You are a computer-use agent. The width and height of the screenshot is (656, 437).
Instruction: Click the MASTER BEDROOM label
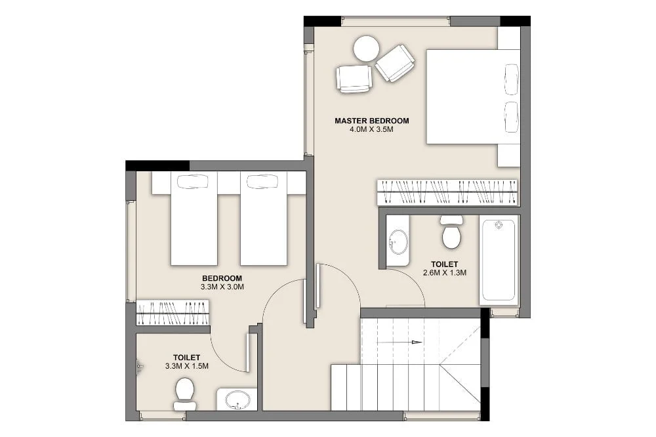[371, 121]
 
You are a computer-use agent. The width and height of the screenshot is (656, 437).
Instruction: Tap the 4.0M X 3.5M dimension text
[371, 129]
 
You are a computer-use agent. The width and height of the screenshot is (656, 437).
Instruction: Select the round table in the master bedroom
[367, 49]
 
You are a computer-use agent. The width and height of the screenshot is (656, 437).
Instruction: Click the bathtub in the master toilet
[499, 260]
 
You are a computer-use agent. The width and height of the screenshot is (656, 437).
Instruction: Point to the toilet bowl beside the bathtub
[451, 232]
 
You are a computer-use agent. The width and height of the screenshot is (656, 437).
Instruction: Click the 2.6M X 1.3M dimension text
[445, 273]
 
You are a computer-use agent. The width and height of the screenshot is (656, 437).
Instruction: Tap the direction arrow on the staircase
[400, 343]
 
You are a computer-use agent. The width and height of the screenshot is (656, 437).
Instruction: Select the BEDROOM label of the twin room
[222, 278]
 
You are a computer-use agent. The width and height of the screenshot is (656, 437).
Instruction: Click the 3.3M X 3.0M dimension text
[222, 287]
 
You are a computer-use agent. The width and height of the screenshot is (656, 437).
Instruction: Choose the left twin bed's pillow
[193, 181]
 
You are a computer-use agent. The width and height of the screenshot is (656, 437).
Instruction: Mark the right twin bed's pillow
[262, 181]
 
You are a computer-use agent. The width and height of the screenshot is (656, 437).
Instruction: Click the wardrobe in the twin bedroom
[173, 313]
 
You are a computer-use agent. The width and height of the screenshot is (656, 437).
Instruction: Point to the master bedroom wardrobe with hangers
[447, 192]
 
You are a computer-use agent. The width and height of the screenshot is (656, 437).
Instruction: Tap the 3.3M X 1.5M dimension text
[186, 366]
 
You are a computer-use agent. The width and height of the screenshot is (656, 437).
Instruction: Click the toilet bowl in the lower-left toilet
[185, 394]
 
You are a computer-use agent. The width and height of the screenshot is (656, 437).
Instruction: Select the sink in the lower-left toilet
[237, 399]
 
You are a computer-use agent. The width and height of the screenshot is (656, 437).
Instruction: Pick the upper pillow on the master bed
[512, 79]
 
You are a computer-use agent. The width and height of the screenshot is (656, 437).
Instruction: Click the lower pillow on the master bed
[512, 117]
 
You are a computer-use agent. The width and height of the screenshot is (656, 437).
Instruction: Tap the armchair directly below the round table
[354, 78]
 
